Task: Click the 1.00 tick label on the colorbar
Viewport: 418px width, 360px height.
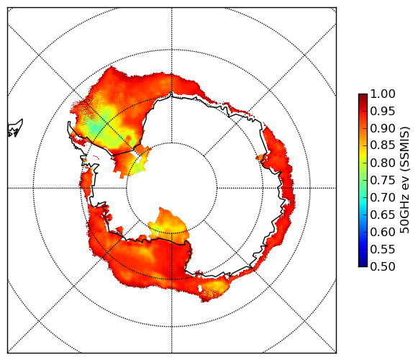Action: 383,94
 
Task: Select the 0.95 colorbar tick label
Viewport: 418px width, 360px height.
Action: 383,112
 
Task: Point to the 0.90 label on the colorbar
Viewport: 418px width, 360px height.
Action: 383,128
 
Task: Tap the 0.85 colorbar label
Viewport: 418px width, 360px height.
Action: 383,145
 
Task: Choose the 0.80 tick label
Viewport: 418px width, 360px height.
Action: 383,163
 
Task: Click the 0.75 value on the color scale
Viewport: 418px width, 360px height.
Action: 383,180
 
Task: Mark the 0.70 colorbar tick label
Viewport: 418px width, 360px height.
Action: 383,197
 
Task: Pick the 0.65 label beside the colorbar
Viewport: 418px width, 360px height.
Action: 383,215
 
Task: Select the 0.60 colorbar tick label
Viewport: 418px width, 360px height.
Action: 383,232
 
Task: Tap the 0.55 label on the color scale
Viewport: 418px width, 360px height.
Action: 383,249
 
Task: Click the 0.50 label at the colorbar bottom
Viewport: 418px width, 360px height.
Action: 383,266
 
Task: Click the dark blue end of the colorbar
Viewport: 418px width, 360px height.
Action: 363,264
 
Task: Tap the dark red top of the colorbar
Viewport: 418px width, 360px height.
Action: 363,96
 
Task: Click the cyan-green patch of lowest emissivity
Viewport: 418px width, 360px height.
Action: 95,127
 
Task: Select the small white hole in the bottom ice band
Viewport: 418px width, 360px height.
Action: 200,288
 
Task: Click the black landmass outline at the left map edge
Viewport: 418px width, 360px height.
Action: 14,128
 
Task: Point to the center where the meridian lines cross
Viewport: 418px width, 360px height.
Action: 172,188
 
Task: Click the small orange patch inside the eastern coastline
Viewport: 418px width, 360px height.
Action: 260,157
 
